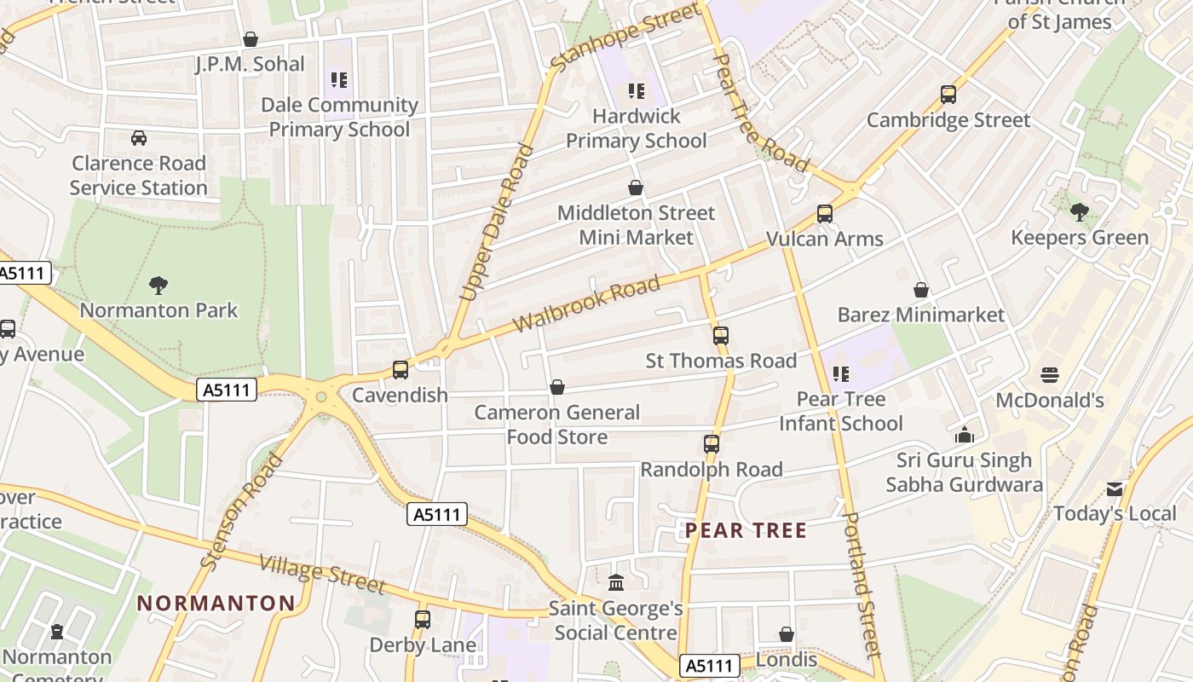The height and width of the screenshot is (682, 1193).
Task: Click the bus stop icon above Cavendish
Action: pos(401,370)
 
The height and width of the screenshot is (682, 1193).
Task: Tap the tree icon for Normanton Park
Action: pos(158,285)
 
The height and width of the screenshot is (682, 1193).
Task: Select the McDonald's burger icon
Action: pos(1050,375)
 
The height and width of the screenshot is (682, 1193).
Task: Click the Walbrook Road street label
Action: pos(588,304)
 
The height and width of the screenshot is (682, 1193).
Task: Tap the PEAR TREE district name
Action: pos(746,531)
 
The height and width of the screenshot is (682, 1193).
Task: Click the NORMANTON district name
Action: pos(216,604)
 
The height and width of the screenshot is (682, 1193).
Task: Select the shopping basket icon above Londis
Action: pos(787,635)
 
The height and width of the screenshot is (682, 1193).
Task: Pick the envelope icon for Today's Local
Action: pos(1115,489)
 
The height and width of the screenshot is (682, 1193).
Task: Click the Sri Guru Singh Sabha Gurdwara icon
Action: pos(965,436)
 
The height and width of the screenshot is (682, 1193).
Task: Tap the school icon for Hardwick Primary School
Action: pos(637,91)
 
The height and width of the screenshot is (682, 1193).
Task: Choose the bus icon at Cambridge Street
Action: pos(948,95)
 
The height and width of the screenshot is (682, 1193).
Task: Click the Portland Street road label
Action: pos(859,584)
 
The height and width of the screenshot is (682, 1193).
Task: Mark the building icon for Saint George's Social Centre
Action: pos(616,583)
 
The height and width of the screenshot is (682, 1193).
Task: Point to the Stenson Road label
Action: pos(242,511)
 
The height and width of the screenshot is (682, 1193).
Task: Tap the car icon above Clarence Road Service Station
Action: pos(139,138)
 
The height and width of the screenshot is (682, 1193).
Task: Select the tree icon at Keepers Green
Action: pos(1080,211)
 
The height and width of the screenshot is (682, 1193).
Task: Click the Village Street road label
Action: pos(321,574)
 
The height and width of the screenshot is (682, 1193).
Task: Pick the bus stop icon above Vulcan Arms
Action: pos(825,214)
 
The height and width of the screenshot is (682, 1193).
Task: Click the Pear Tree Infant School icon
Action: pos(841,374)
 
